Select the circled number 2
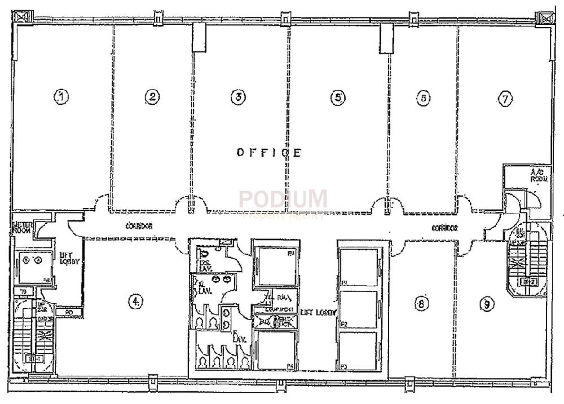(152, 96)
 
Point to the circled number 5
(337, 97)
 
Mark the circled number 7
(505, 99)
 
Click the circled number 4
(135, 301)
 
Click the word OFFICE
(269, 152)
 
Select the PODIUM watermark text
(283, 199)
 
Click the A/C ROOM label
(536, 175)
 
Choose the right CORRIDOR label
(444, 228)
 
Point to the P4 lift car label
(290, 366)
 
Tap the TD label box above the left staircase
(23, 292)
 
